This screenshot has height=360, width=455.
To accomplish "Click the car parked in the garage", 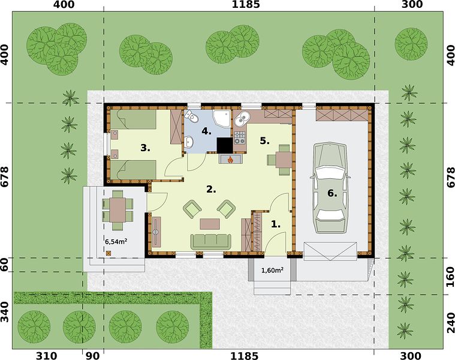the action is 330,188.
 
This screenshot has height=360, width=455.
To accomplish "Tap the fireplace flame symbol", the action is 230,159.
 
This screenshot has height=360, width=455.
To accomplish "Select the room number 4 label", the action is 206,131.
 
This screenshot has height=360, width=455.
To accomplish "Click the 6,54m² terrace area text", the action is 116,241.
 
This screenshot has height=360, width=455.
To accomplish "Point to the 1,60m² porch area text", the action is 272,270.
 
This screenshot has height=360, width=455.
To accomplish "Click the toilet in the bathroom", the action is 192,116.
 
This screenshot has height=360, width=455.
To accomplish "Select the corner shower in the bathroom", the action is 222,118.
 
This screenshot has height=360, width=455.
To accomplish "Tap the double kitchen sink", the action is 242,119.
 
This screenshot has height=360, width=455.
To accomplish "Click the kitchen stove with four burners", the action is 240,138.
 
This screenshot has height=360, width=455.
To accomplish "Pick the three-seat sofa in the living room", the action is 210,241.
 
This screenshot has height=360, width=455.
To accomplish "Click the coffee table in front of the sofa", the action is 210,224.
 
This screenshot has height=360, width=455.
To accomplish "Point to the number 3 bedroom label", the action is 145,148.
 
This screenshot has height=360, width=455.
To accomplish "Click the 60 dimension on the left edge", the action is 4,264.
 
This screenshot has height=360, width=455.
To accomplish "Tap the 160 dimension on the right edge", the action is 450,277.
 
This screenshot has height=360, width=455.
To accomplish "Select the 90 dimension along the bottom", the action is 93,356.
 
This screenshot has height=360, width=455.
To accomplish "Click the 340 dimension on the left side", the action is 4,311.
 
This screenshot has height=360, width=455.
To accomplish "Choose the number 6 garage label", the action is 332,193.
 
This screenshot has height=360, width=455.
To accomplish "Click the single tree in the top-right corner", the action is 411,44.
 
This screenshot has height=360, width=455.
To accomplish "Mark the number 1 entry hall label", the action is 276,224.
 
